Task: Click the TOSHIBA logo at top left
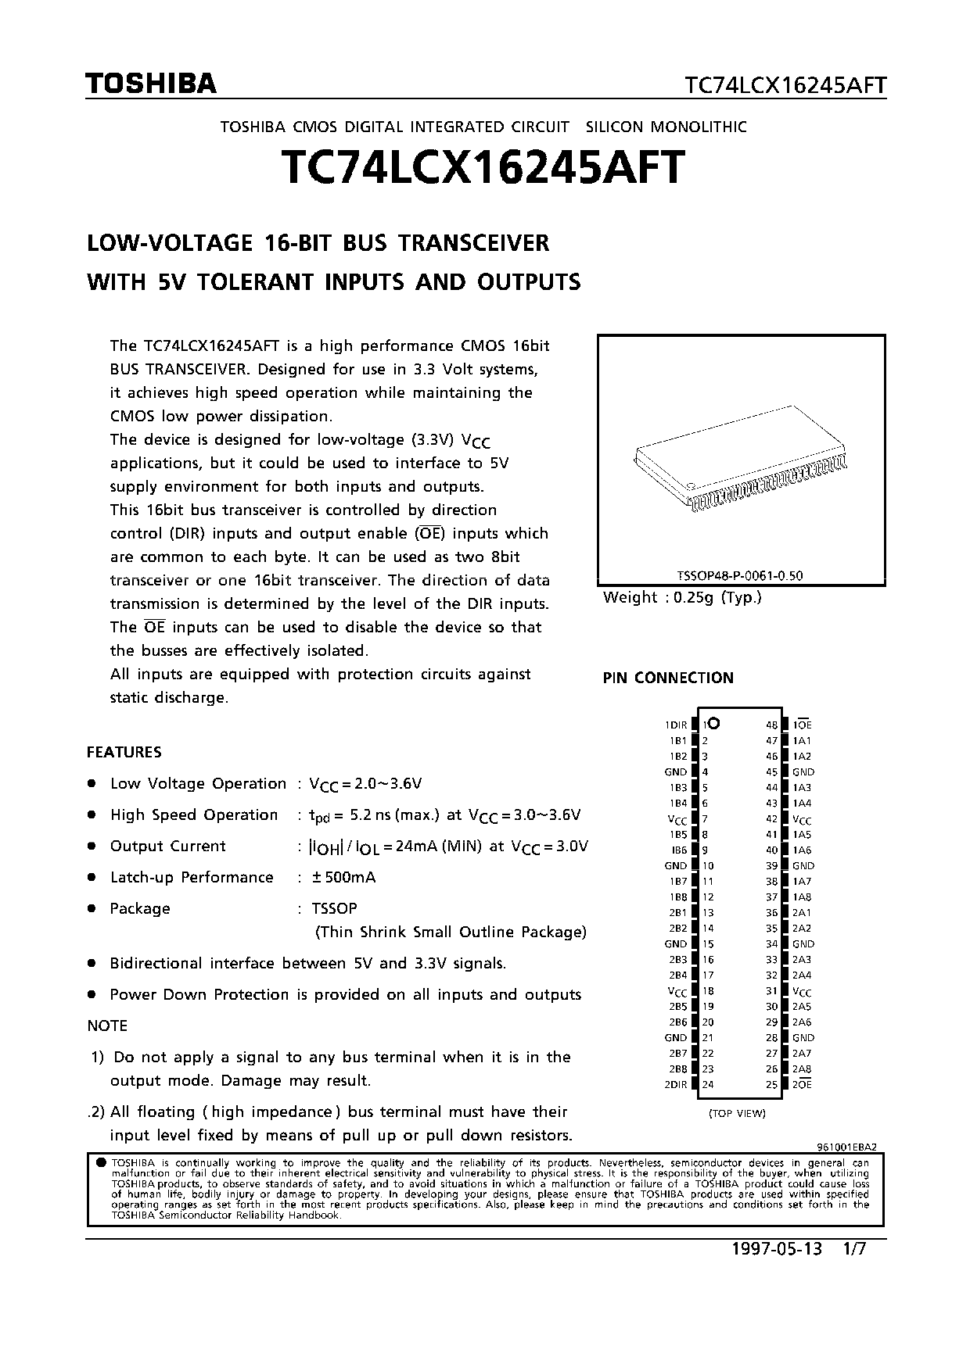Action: pos(151,84)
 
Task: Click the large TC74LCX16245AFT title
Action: pos(483,167)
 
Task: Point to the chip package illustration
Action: pos(741,458)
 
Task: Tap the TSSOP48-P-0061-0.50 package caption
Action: pos(739,576)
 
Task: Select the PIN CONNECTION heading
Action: pos(668,678)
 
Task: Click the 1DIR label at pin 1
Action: pos(676,725)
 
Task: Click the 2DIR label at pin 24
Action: pos(675,1085)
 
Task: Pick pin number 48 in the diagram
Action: pos(772,725)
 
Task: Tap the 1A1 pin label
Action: pos(802,741)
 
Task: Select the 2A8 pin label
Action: pos(802,1069)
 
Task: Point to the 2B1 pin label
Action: pos(677,913)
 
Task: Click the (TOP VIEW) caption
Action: pos(737,1113)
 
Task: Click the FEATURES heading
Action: pos(124,752)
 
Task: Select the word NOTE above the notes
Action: pos(107,1026)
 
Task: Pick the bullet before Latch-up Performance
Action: pos(92,877)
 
